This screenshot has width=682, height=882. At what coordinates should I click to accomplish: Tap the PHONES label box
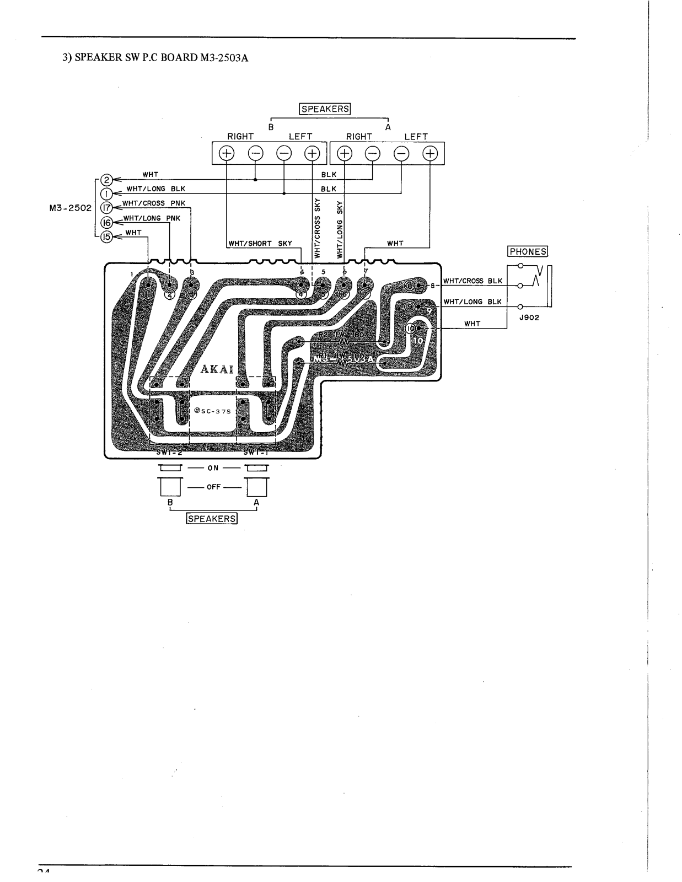coord(528,251)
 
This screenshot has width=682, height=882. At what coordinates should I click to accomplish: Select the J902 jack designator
coord(528,317)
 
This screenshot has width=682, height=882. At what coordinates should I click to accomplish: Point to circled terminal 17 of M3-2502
coord(106,208)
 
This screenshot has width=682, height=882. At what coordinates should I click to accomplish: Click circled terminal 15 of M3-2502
coord(106,236)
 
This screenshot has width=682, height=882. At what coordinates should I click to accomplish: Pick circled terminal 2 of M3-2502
coord(106,179)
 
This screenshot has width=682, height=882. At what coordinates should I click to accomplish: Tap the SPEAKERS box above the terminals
coord(325,109)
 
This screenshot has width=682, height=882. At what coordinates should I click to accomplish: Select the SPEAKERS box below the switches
coord(212,519)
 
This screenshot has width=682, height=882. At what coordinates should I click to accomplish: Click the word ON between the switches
coord(213,468)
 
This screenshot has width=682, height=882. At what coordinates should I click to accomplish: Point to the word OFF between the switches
coord(213,487)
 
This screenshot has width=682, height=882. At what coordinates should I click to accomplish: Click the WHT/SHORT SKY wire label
coord(261,243)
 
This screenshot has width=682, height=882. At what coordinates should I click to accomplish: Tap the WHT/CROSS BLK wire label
coord(472,281)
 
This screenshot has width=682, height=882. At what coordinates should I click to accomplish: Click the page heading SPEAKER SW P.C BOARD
coord(154,57)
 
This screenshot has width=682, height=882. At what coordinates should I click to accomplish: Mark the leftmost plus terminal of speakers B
coord(227,153)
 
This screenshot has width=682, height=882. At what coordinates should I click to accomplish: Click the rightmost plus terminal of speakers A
coord(430,153)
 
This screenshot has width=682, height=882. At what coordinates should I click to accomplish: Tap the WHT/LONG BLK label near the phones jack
coord(472,302)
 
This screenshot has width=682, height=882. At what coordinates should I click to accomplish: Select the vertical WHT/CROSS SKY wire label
coord(317,228)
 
